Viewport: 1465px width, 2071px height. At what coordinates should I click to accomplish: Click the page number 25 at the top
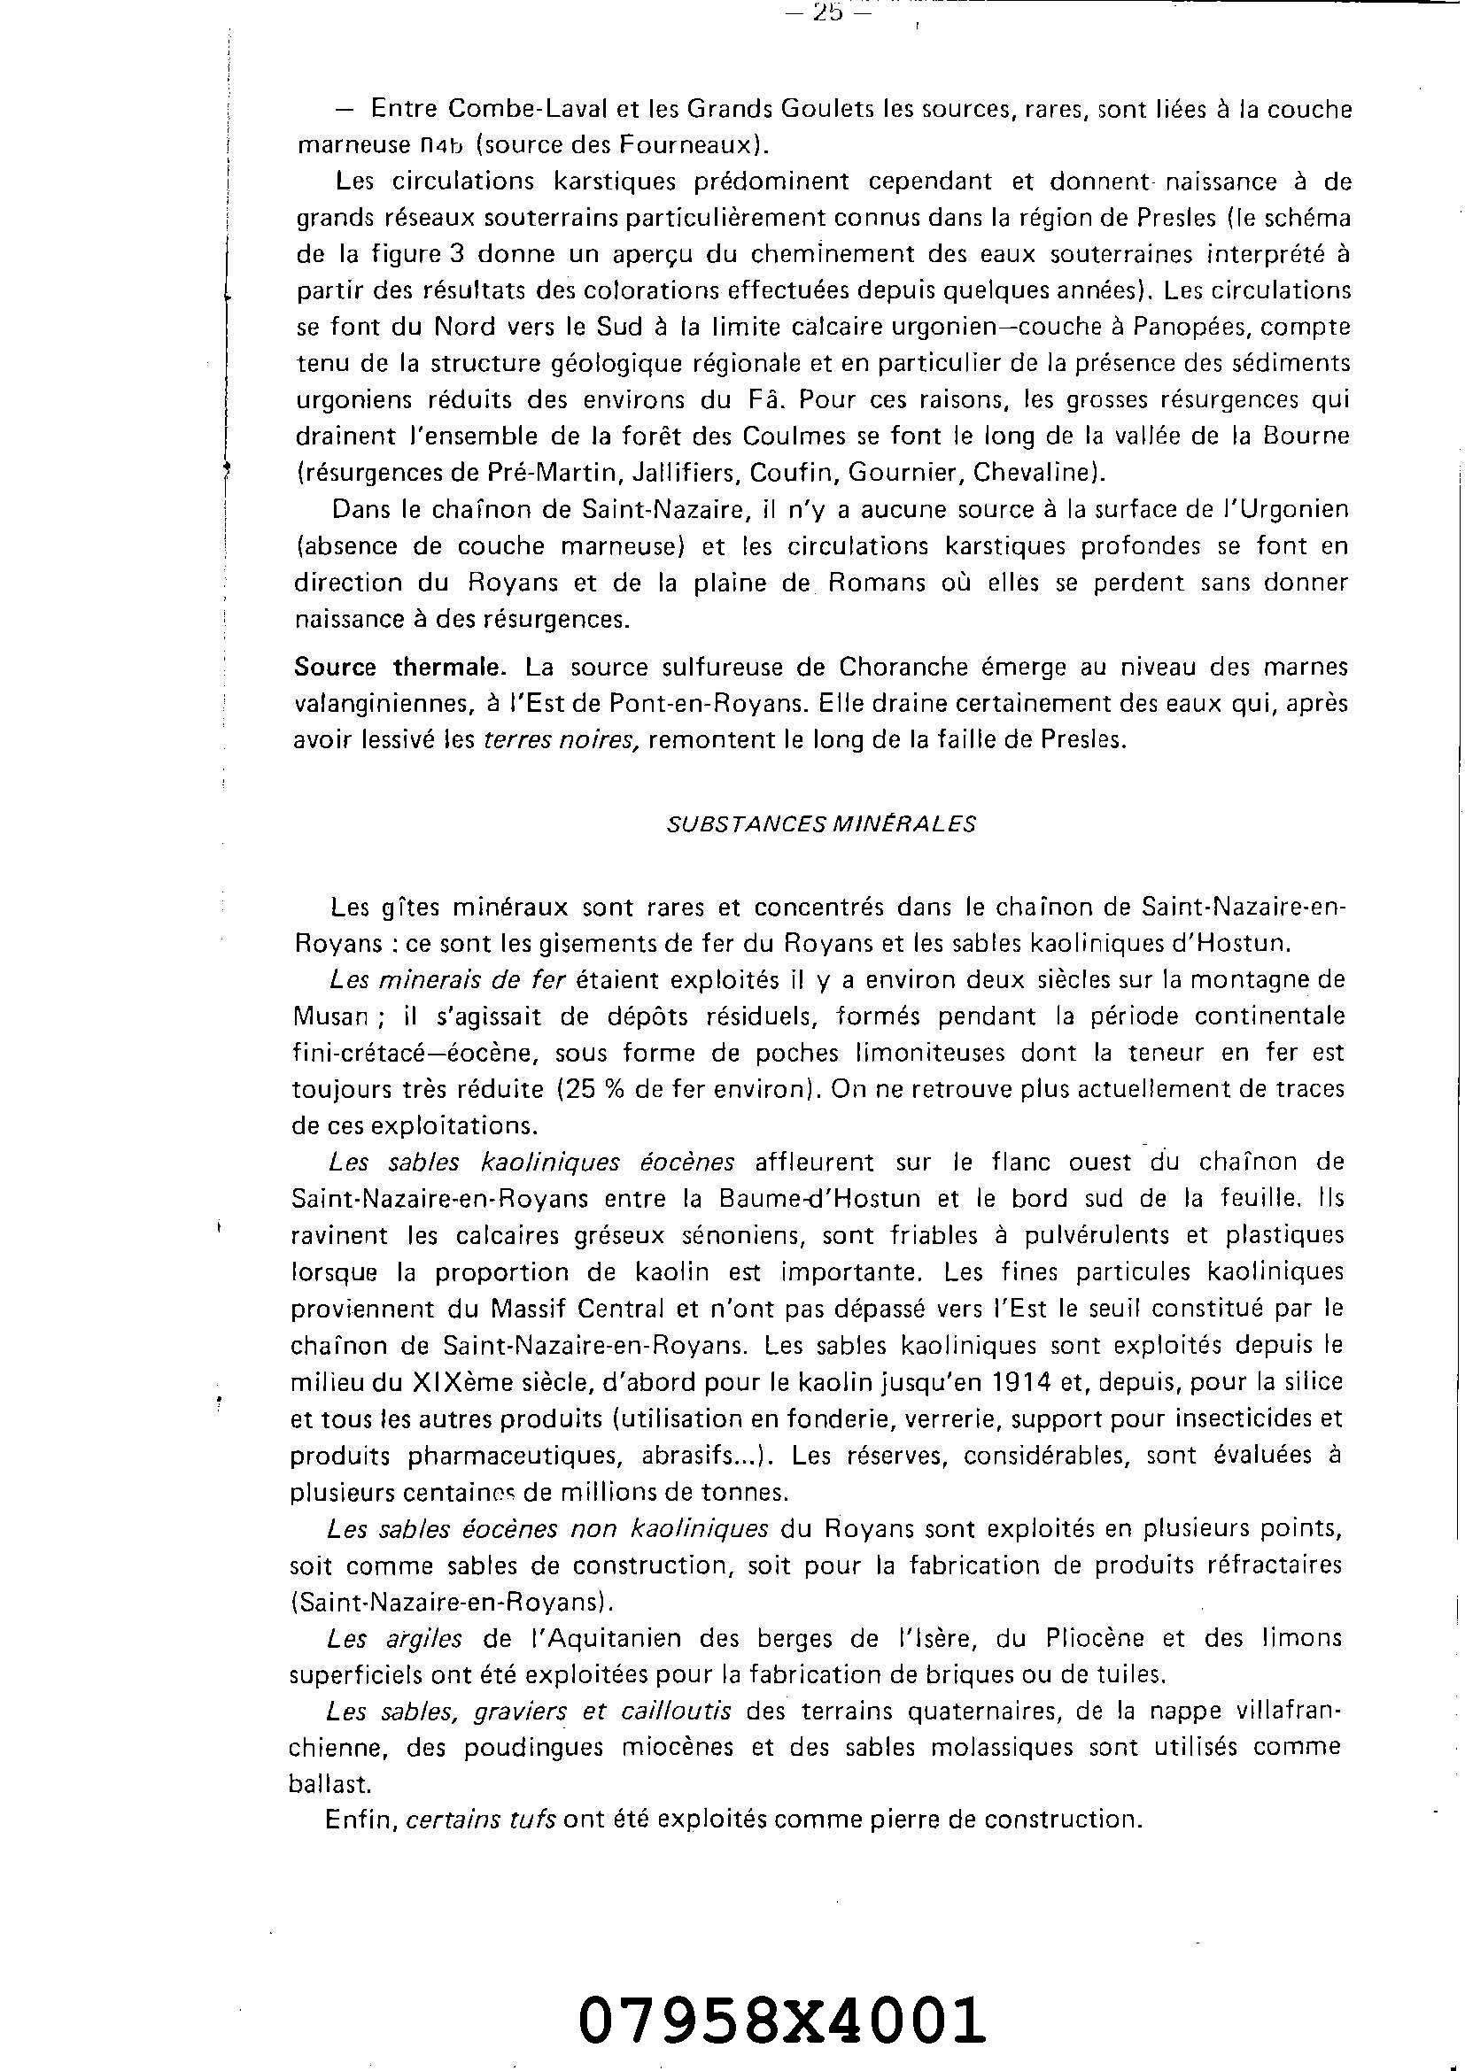[826, 12]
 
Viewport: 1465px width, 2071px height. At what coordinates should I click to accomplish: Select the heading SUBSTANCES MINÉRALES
[821, 824]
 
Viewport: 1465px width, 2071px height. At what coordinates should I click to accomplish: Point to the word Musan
[329, 1016]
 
